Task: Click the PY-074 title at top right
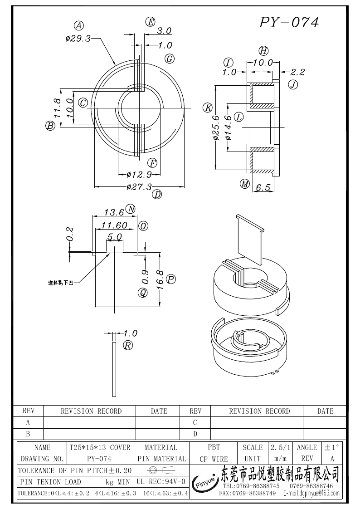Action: point(289,22)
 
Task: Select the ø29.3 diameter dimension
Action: point(78,39)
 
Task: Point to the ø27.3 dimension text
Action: point(139,186)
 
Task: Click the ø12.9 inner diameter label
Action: point(139,174)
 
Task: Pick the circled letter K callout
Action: point(208,108)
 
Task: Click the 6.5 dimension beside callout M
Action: point(263,187)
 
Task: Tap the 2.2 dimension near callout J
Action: point(297,72)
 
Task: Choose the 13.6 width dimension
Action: point(114,212)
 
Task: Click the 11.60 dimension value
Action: point(114,225)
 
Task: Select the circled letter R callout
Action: point(128,346)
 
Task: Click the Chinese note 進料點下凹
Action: point(61,283)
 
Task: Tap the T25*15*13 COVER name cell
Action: point(100,447)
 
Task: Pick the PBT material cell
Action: point(214,447)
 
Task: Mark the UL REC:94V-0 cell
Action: point(161,481)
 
